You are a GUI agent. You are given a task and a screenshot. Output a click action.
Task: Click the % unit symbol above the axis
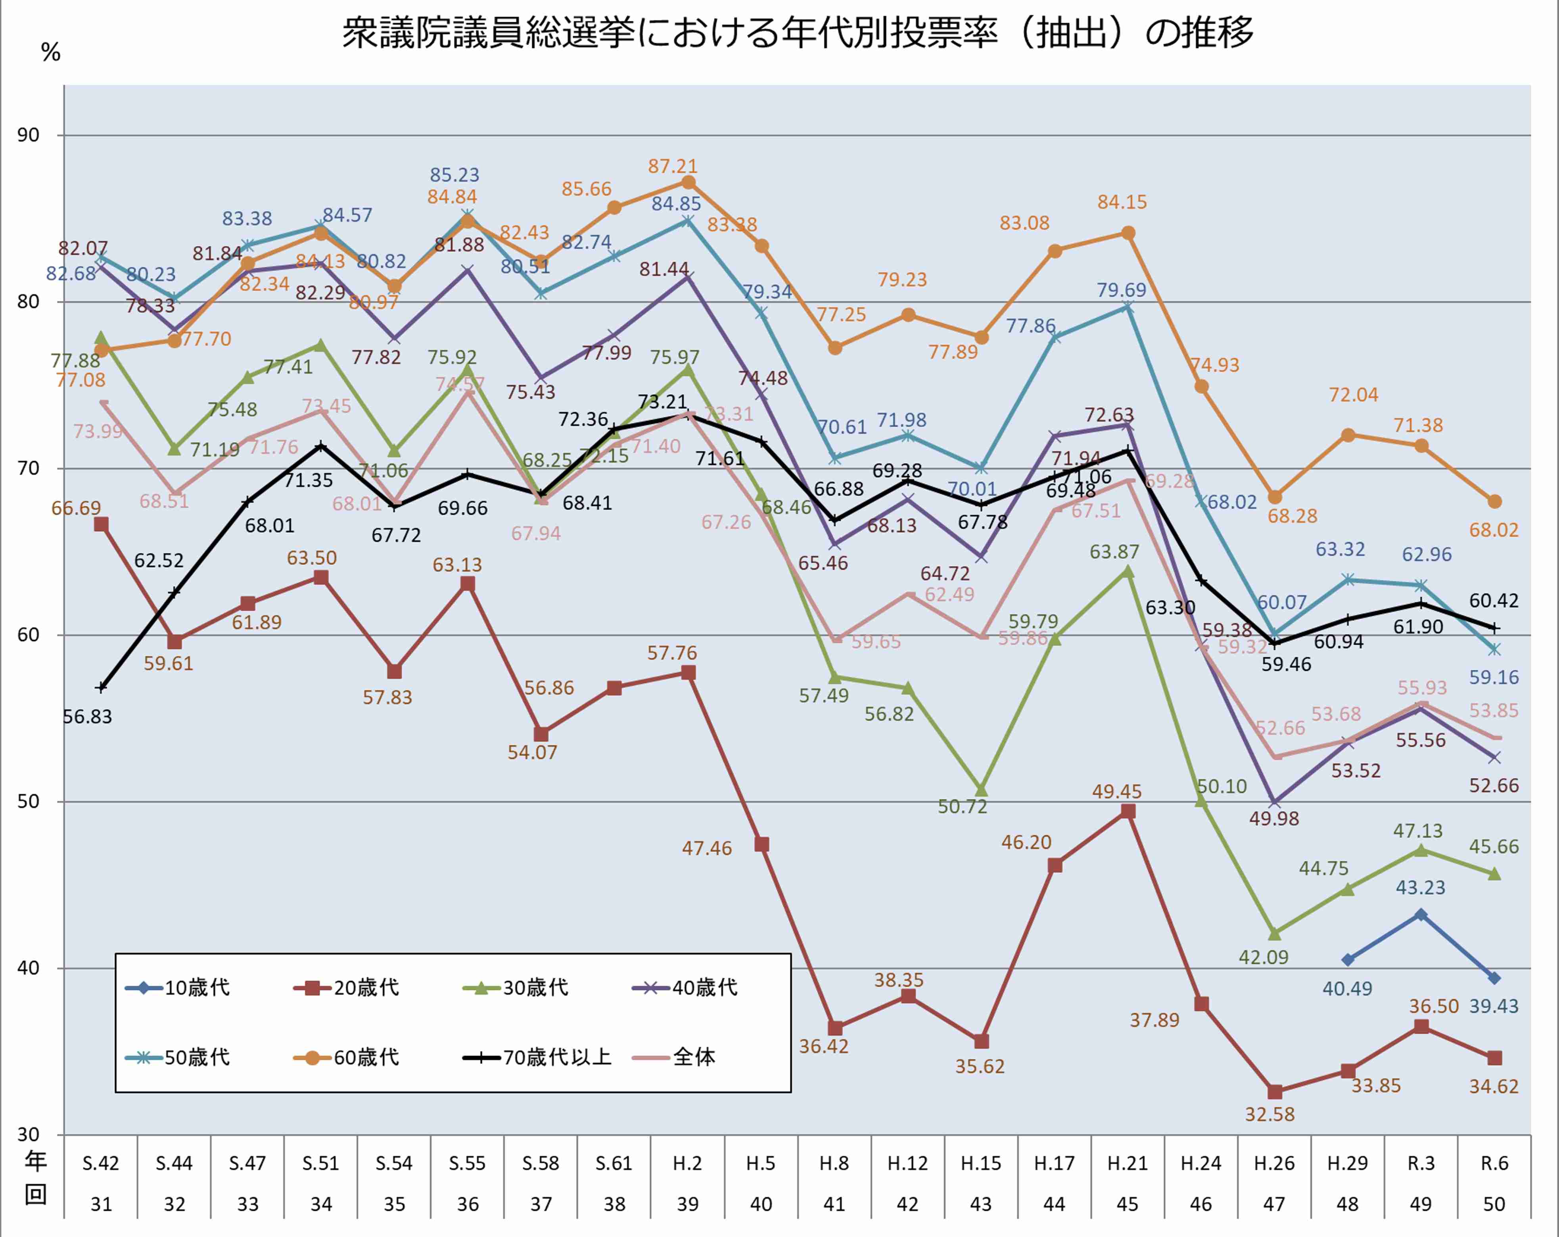point(51,52)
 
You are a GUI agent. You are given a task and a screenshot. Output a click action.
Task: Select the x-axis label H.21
point(1127,1163)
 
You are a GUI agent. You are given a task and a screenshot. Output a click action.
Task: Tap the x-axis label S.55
point(467,1163)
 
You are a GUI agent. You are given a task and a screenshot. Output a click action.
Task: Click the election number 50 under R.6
point(1494,1204)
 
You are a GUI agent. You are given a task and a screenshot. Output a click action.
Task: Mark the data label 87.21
point(673,166)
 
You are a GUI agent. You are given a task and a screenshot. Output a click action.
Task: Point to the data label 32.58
point(1270,1114)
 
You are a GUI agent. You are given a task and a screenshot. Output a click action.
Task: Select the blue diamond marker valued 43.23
point(1421,915)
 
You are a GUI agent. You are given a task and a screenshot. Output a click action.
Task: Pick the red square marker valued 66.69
point(101,524)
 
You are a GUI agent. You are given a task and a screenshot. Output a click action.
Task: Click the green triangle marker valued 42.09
point(1274,934)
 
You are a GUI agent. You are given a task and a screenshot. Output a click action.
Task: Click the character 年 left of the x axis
point(35,1161)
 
